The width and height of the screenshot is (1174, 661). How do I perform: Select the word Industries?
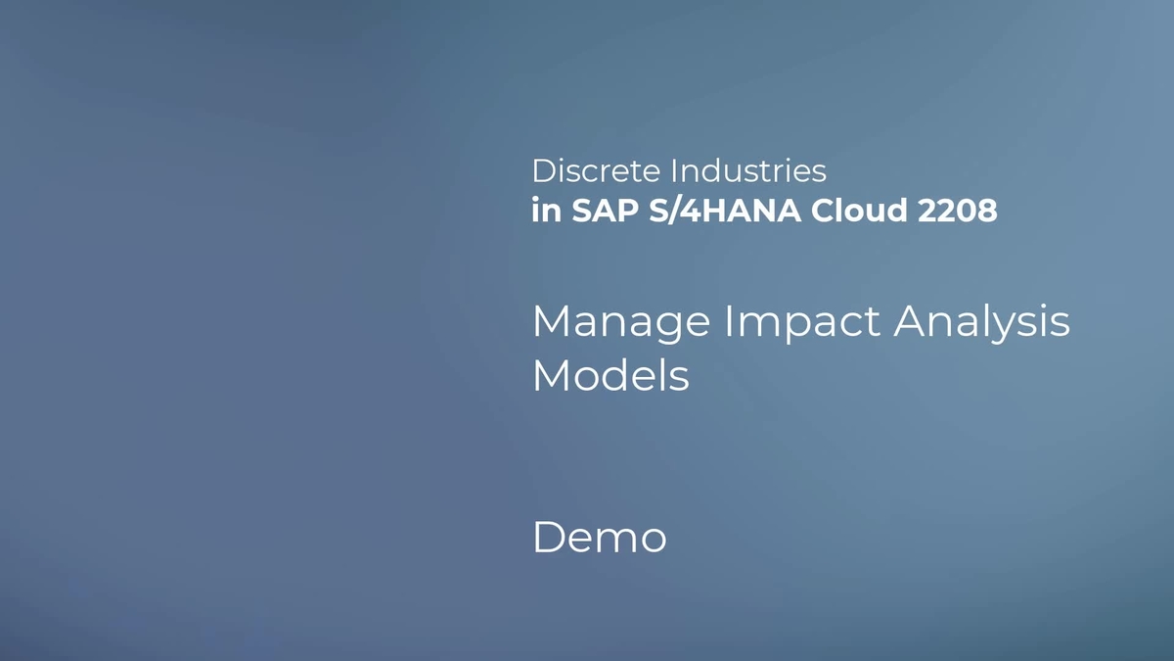click(748, 171)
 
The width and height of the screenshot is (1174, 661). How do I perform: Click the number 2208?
click(958, 211)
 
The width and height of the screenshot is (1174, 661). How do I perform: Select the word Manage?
click(620, 322)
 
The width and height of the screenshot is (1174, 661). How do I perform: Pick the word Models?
click(610, 375)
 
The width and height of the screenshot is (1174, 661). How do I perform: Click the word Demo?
click(600, 538)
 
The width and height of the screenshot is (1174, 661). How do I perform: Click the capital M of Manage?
click(551, 321)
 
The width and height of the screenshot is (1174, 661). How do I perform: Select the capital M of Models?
click(551, 375)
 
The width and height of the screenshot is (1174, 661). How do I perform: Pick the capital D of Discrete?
click(542, 171)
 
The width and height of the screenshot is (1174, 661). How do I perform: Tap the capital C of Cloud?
click(822, 211)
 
